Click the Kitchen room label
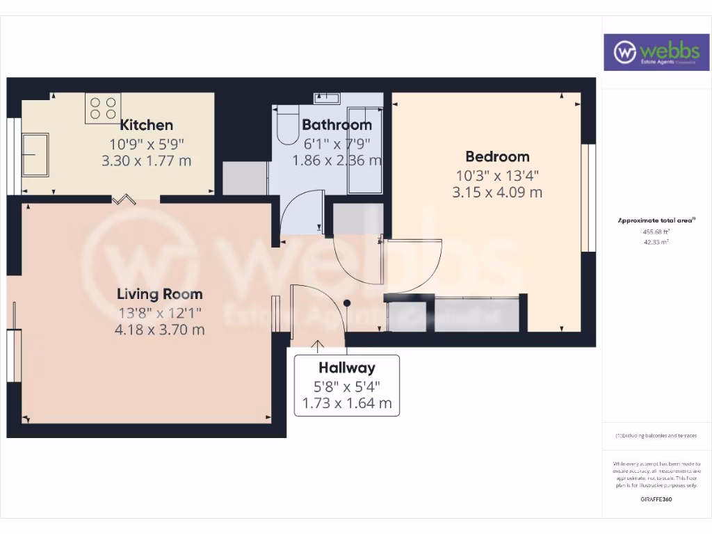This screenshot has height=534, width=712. tap(147, 125)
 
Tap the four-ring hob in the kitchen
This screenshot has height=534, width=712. tap(102, 108)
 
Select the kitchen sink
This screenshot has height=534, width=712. tap(35, 154)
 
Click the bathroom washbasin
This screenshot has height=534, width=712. tap(327, 97)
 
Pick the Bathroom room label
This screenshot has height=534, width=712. tap(337, 125)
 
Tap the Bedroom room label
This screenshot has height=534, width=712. tap(497, 156)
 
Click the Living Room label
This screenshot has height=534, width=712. tap(159, 294)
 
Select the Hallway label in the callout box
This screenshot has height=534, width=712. tap(347, 368)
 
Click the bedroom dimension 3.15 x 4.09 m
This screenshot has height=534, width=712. tap(497, 192)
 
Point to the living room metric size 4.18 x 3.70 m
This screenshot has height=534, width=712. tap(159, 330)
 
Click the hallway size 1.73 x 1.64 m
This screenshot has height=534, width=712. tap(347, 403)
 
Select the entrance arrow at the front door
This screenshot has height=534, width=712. tap(318, 346)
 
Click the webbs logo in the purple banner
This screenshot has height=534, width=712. tap(651, 52)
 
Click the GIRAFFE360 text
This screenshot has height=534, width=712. tap(657, 499)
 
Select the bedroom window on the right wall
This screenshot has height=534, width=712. tap(589, 197)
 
